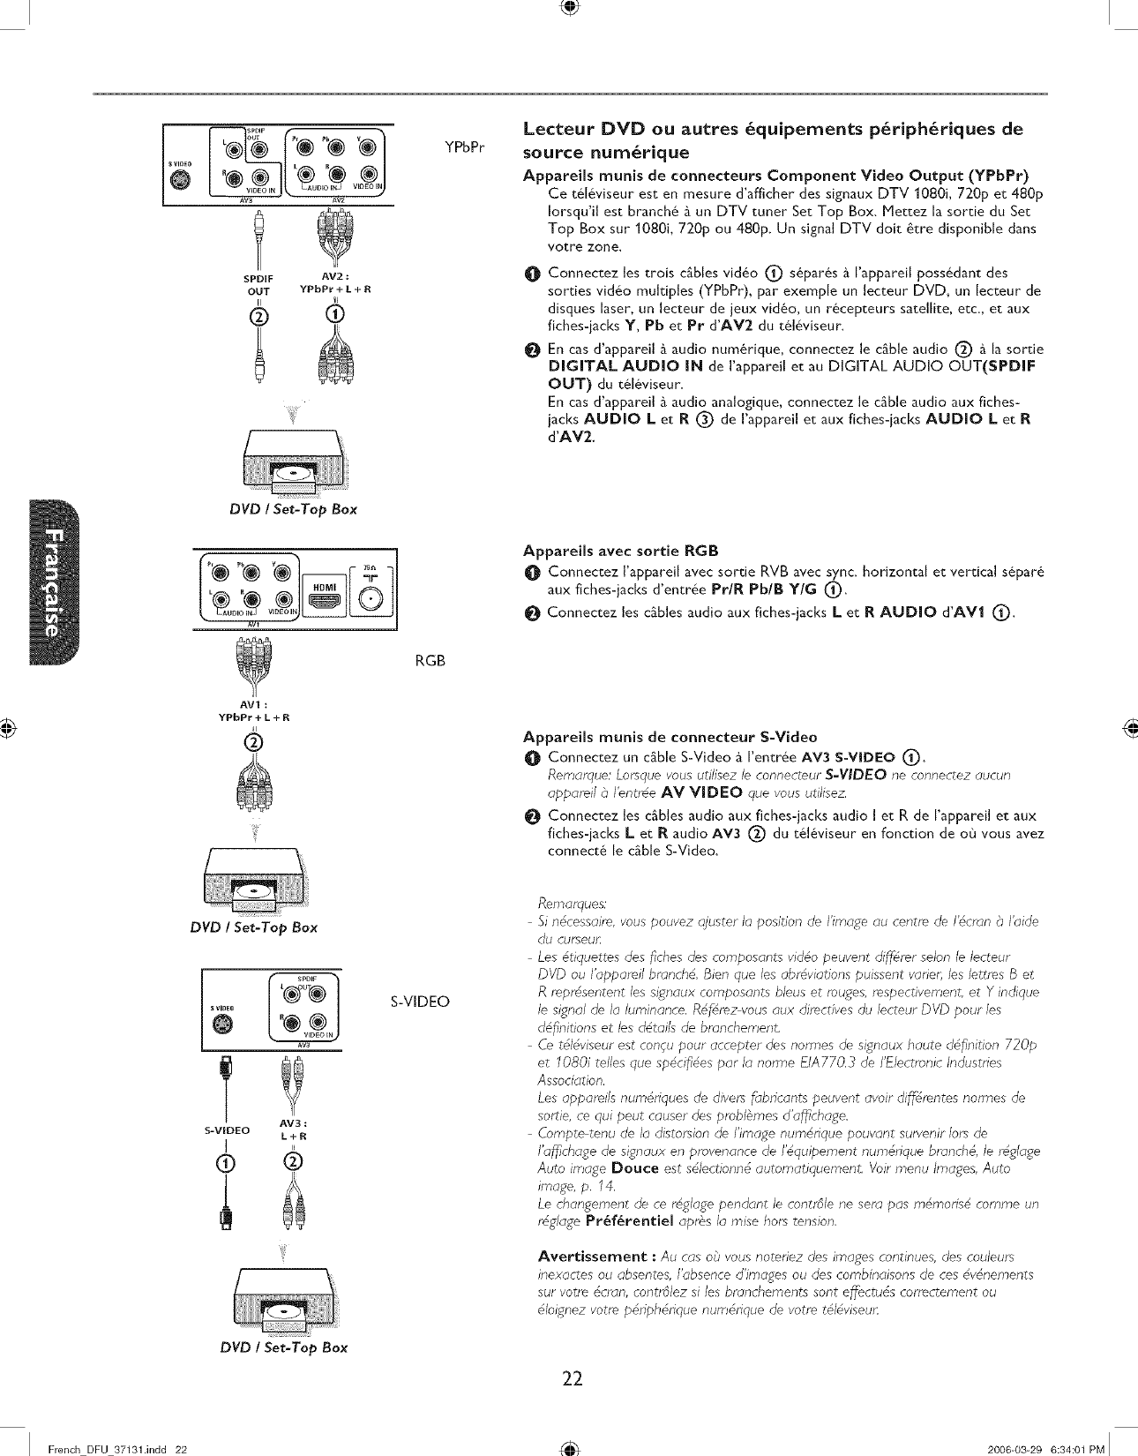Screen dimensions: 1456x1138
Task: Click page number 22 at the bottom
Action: click(x=572, y=1377)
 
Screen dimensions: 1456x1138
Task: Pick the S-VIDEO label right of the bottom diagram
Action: click(x=420, y=1001)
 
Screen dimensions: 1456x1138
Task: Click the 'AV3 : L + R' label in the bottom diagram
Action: click(x=292, y=1130)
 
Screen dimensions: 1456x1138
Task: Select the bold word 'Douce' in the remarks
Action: click(x=635, y=1168)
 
